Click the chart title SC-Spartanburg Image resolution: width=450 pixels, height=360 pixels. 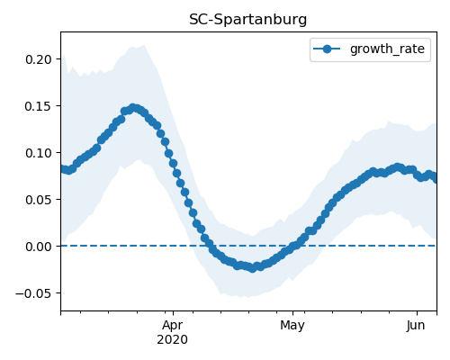pyautogui.click(x=247, y=20)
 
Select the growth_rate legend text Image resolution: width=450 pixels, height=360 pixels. pyautogui.click(x=387, y=49)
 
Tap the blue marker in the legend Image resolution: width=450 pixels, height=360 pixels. pyautogui.click(x=327, y=49)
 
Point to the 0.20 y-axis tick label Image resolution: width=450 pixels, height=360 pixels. pyautogui.click(x=39, y=59)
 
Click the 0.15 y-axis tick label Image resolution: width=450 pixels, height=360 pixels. pyautogui.click(x=39, y=106)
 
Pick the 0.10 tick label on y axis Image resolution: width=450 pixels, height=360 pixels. pyautogui.click(x=39, y=153)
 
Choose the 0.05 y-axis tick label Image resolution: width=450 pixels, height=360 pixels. pyautogui.click(x=39, y=200)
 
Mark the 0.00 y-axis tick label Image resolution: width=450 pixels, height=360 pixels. pyautogui.click(x=39, y=247)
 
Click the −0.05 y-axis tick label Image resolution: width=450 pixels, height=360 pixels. pyautogui.click(x=33, y=293)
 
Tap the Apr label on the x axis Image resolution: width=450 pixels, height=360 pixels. pyautogui.click(x=173, y=326)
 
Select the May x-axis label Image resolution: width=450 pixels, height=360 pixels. pyautogui.click(x=292, y=326)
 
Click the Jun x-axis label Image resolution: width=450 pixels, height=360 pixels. pyautogui.click(x=416, y=325)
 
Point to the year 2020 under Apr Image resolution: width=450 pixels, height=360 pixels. pyautogui.click(x=173, y=339)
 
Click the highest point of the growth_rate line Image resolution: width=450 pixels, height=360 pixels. pyautogui.click(x=133, y=108)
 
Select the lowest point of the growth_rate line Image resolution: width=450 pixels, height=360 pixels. pyautogui.click(x=253, y=268)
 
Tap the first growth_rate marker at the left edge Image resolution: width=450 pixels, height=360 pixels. pyautogui.click(x=62, y=169)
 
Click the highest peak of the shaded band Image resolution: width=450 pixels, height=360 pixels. pyautogui.click(x=144, y=45)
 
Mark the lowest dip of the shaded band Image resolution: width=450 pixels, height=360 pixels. pyautogui.click(x=247, y=297)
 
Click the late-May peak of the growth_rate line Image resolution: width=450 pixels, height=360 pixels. pyautogui.click(x=398, y=167)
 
